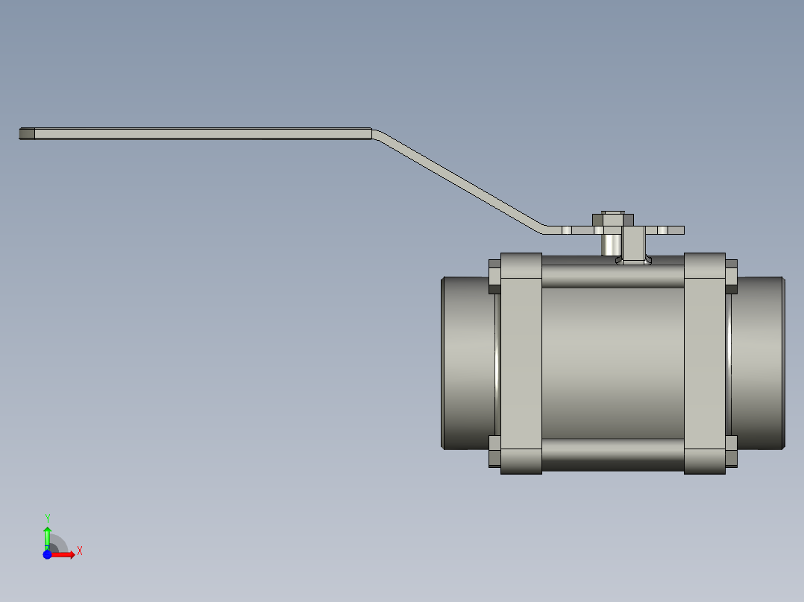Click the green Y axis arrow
(x=47, y=535)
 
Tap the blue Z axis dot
(x=47, y=554)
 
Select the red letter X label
(x=79, y=551)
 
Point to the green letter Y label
(x=47, y=518)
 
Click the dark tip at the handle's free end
(x=27, y=134)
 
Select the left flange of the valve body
(x=521, y=364)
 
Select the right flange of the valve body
(x=705, y=364)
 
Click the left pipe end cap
(x=468, y=363)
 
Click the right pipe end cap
(x=758, y=363)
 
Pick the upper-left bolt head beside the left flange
(x=494, y=275)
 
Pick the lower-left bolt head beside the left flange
(x=494, y=451)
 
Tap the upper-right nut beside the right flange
(x=731, y=275)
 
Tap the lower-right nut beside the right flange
(x=731, y=451)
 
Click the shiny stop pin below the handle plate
(x=612, y=244)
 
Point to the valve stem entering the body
(x=635, y=246)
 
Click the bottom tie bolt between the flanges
(x=612, y=454)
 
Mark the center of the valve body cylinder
(x=612, y=363)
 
